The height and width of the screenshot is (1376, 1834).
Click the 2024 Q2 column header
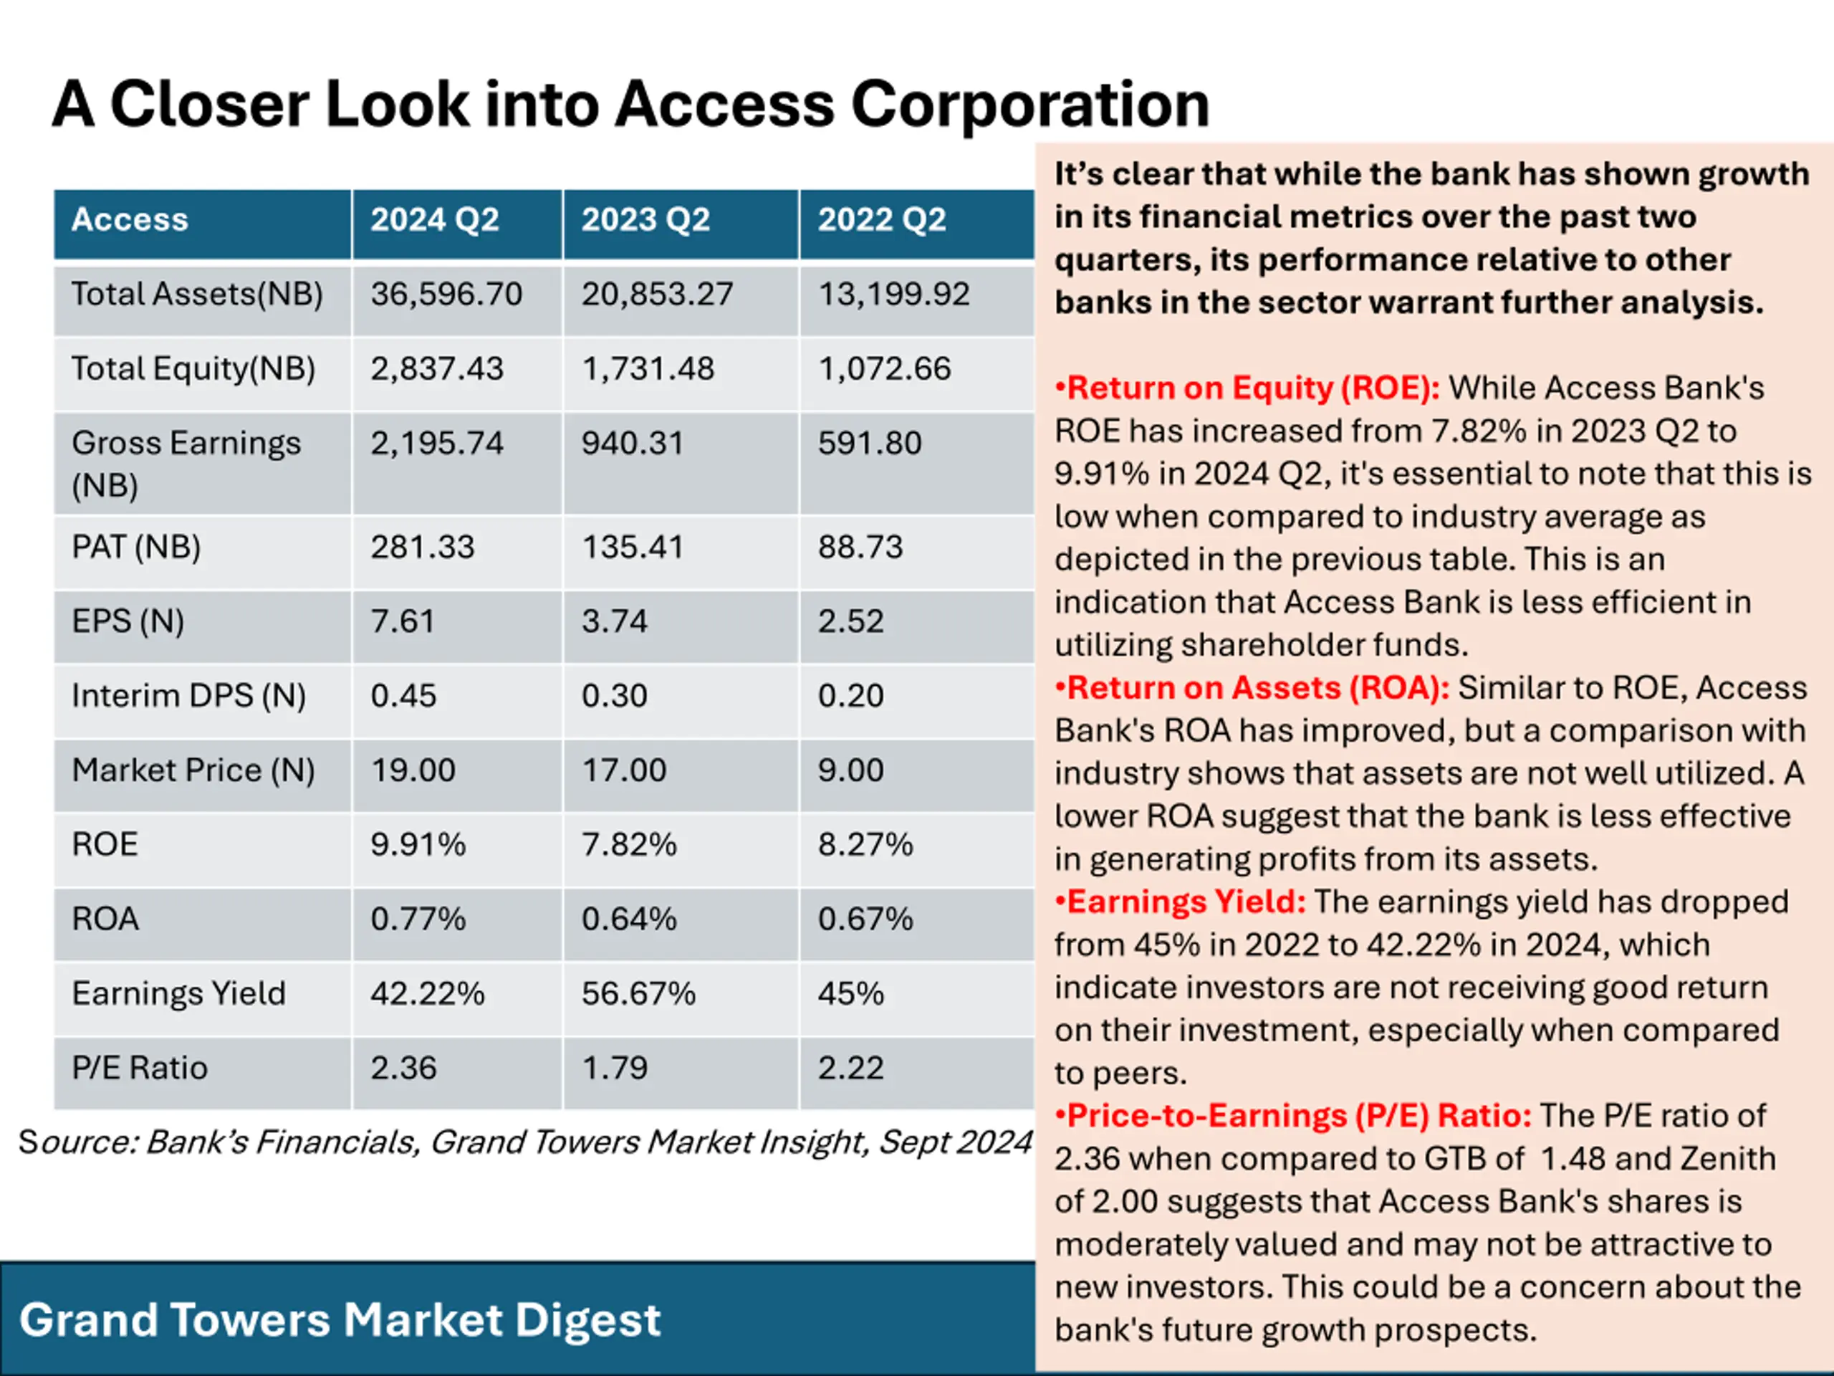(x=434, y=221)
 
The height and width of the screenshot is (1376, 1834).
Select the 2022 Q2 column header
(x=881, y=221)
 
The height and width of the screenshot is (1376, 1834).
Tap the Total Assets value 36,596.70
(x=446, y=295)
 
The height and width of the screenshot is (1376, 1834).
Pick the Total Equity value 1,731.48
(x=648, y=369)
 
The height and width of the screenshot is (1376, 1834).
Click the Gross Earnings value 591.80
(x=869, y=444)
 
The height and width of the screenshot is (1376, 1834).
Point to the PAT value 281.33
(x=422, y=548)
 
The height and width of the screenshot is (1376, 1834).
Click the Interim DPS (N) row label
(x=188, y=696)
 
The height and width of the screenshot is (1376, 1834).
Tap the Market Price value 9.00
(x=850, y=770)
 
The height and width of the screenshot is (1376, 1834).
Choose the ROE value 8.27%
(x=865, y=845)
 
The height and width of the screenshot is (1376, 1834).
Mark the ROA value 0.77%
(x=418, y=919)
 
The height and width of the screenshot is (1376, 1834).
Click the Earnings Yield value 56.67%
(x=638, y=993)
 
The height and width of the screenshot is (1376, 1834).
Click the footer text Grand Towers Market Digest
(x=340, y=1319)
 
